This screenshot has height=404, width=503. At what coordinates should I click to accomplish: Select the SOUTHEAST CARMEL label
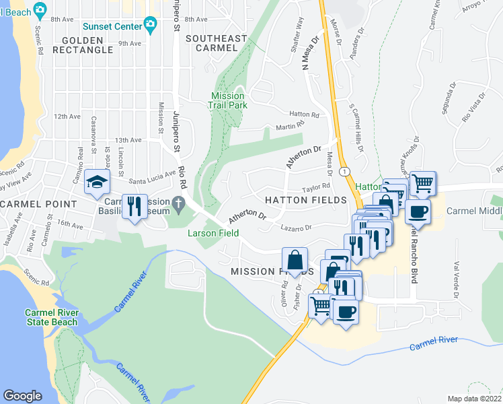(216, 43)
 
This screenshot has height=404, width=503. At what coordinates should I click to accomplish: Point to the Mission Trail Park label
(229, 100)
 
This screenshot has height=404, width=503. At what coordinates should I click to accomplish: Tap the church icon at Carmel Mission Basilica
(178, 202)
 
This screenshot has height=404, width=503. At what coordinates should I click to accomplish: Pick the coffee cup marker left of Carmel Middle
(418, 212)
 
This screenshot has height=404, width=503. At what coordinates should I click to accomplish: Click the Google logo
(23, 396)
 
